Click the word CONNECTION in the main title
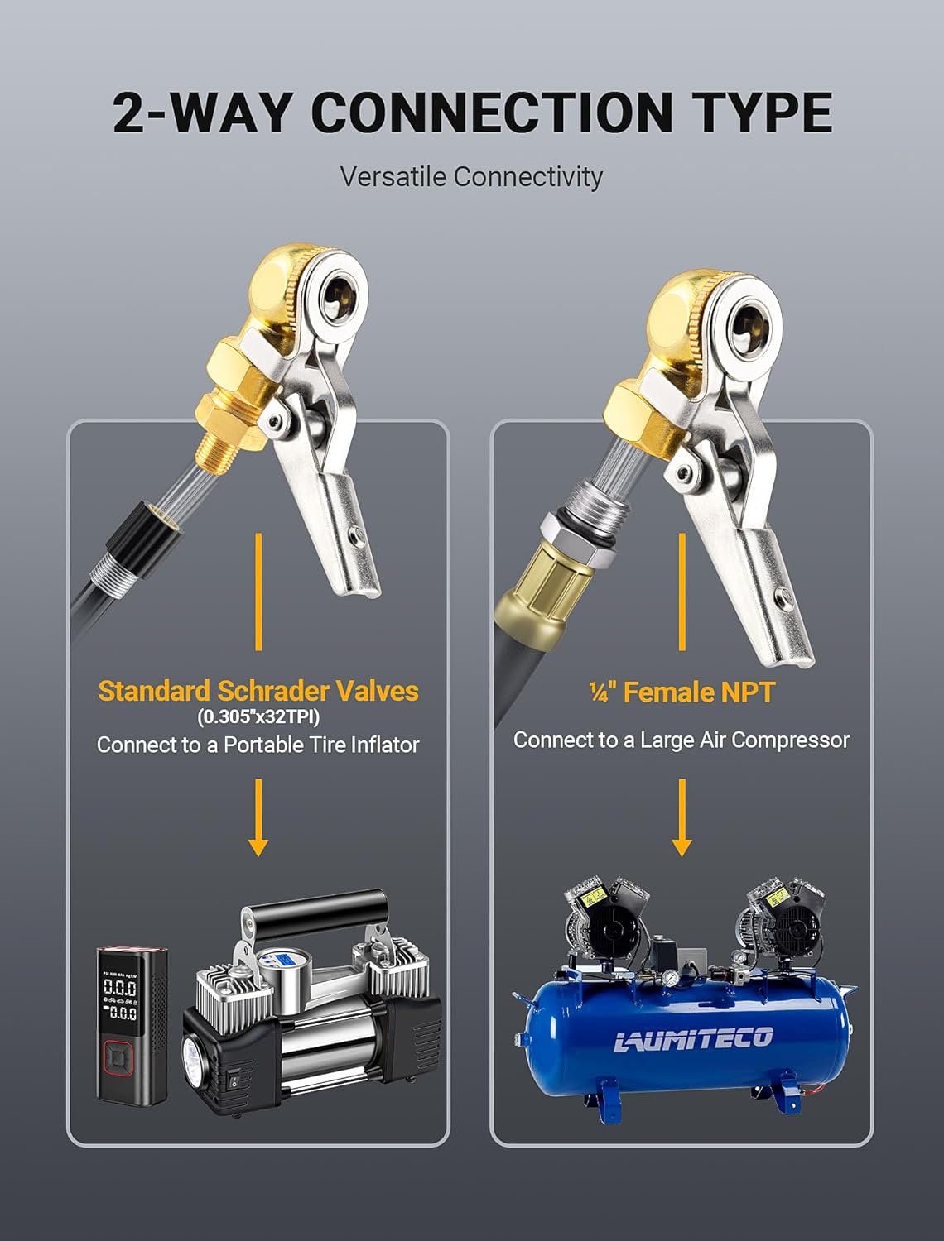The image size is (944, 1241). coord(492,113)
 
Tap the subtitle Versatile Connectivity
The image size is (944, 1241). coord(472,176)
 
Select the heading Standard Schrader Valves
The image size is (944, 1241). coord(258,691)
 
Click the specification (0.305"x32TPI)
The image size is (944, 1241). coord(258,717)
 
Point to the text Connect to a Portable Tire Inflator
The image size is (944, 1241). coord(258,745)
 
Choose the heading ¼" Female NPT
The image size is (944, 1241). coord(682,692)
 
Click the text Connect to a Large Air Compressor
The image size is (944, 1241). coord(682,740)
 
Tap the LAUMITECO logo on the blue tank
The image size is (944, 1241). coord(693,1038)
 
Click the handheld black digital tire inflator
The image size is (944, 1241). coord(132,1025)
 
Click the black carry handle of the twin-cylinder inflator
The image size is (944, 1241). coord(315,912)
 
